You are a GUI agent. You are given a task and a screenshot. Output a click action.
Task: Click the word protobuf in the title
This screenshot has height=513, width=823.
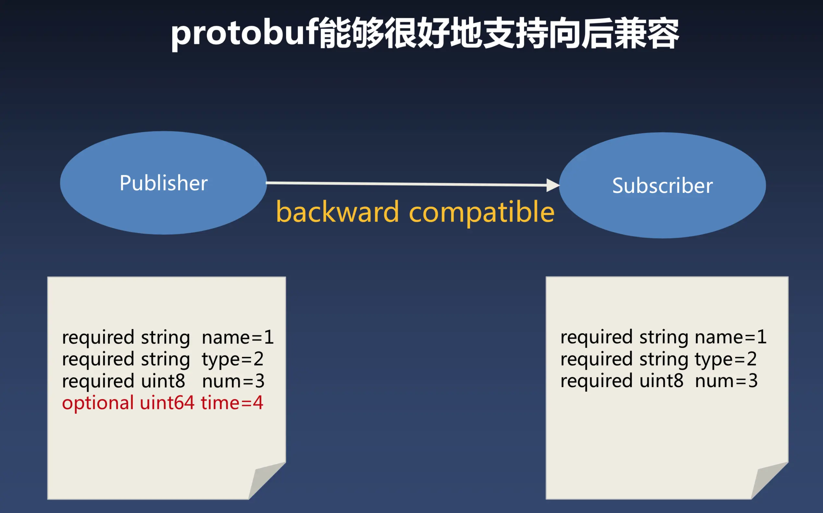[x=244, y=34]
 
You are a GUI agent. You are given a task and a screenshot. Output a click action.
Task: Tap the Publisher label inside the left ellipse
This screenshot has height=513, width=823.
[x=163, y=183]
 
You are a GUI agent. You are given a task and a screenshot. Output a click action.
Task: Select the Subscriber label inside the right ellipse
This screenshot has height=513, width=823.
[x=662, y=185]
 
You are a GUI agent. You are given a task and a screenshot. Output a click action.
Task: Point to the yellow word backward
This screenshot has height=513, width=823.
[x=337, y=212]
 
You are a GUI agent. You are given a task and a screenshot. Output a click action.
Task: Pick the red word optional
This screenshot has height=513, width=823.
[x=98, y=404]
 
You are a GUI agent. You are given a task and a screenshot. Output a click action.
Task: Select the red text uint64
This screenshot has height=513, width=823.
[x=167, y=403]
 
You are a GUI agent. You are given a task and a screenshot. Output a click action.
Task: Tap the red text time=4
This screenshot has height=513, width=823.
[x=232, y=403]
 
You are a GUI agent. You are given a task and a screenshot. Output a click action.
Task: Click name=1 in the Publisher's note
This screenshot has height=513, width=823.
[x=238, y=338]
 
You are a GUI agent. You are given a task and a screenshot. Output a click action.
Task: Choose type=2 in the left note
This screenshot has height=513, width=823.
[x=233, y=360]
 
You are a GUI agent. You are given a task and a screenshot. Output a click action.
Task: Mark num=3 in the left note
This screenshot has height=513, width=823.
[x=233, y=381]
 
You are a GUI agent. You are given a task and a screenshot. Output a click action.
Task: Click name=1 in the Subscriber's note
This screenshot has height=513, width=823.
[x=731, y=337]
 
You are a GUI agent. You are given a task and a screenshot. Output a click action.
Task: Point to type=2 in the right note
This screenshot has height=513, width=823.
[x=726, y=359]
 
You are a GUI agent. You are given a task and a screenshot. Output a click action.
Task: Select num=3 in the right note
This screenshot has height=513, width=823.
[x=726, y=381]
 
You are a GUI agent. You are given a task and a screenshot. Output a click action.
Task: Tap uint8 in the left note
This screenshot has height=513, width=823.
[x=163, y=381]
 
